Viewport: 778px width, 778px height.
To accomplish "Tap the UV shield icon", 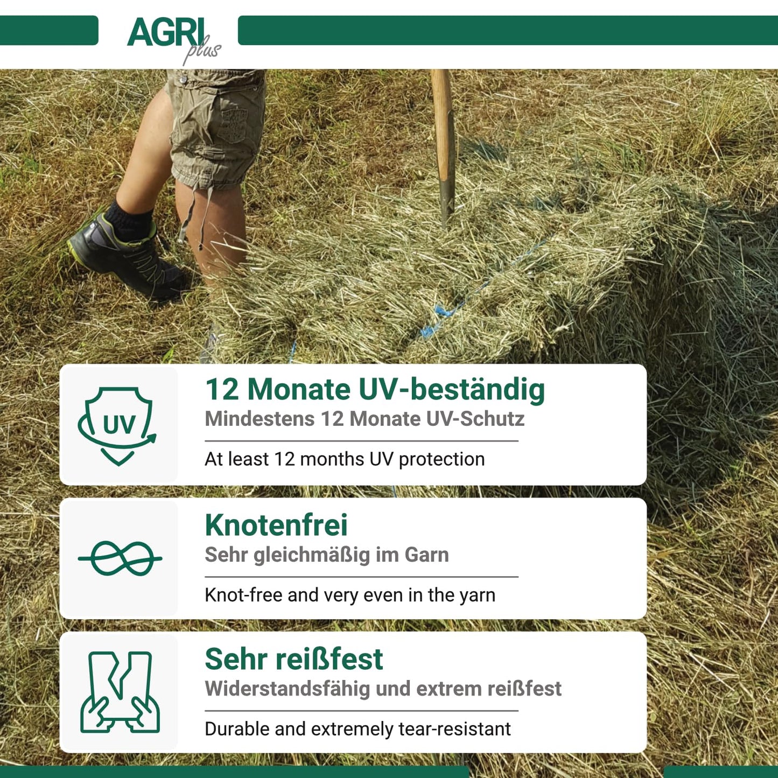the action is (x=117, y=426).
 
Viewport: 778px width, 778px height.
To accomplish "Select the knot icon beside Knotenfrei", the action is (x=120, y=558).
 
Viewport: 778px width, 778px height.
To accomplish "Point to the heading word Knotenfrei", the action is (x=276, y=525).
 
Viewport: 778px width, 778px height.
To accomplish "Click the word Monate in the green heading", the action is (x=299, y=389).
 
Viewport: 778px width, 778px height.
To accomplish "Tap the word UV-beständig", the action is (x=451, y=390).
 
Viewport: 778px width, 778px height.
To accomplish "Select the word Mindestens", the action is (x=260, y=419).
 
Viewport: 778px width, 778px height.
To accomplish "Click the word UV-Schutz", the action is (x=475, y=419).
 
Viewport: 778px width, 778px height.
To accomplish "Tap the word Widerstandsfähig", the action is (x=287, y=689).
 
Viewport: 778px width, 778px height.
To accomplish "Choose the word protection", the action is (x=441, y=459).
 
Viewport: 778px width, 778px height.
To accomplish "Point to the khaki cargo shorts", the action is (x=216, y=127).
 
